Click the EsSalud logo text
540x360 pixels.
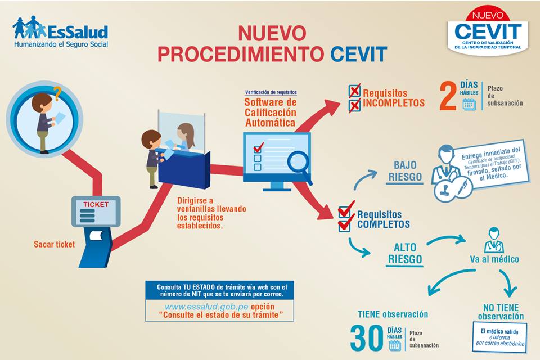point(78,31)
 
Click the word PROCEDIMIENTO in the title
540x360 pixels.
point(241,54)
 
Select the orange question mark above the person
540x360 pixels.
point(56,93)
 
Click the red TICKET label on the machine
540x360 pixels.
point(96,204)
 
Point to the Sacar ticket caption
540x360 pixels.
point(54,245)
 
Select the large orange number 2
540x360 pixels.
point(448,97)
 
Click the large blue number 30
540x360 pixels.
point(367,338)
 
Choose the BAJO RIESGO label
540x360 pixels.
point(404,171)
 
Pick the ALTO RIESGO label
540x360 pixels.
point(404,253)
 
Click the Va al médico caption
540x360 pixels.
point(494,259)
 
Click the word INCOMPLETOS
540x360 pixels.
point(394,103)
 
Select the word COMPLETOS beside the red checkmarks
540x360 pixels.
point(383,224)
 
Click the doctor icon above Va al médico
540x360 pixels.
point(493,240)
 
